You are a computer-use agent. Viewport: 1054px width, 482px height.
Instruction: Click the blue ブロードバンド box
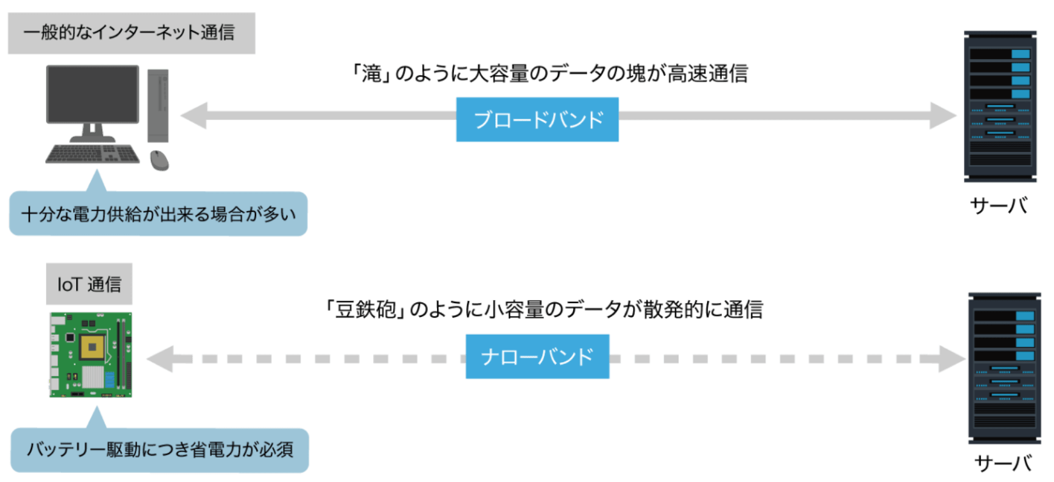(537, 119)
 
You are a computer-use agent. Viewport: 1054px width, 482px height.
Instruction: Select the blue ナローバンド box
(537, 356)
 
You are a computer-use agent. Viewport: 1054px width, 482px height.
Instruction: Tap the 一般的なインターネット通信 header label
(131, 33)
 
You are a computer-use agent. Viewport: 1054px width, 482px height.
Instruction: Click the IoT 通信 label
(89, 284)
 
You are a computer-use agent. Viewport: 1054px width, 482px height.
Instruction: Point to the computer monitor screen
(92, 94)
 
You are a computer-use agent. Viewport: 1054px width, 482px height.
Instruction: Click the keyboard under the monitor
(92, 153)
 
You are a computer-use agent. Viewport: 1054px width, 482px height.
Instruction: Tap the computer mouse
(159, 160)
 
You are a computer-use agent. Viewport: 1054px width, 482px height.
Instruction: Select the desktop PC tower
(158, 105)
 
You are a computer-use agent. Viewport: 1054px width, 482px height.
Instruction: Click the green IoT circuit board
(90, 355)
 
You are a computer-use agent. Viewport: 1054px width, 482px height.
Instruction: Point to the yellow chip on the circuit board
(92, 347)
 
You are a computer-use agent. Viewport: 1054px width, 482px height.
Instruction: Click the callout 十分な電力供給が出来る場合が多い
(158, 214)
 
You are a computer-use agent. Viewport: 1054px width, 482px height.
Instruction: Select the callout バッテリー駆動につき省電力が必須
(159, 450)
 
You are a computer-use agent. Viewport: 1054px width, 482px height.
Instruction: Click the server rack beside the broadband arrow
(1000, 107)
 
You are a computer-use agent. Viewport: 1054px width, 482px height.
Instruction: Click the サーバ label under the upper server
(999, 206)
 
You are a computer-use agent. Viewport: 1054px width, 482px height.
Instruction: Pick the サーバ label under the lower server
(1002, 464)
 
